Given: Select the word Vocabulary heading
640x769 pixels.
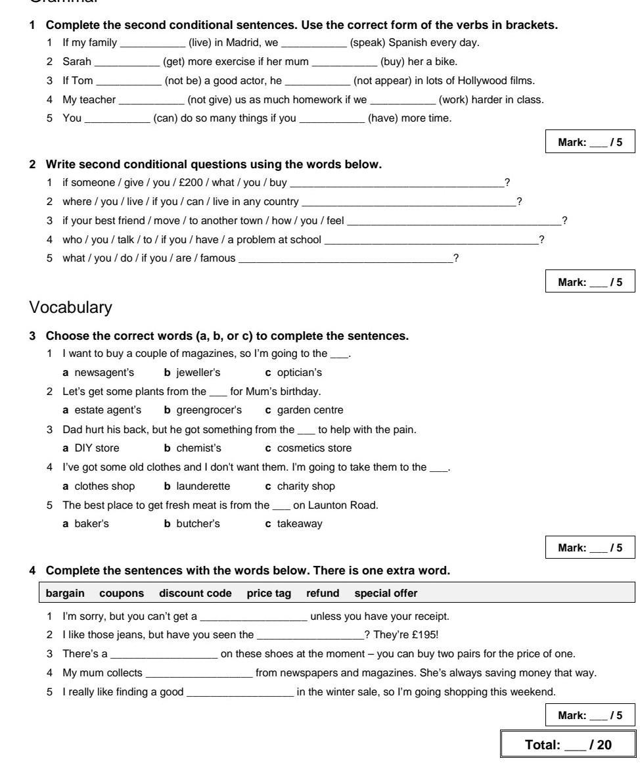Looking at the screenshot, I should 71,307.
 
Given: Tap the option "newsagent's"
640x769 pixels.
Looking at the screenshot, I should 104,373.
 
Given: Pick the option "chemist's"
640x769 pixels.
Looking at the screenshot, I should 198,448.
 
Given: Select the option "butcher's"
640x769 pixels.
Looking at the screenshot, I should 198,524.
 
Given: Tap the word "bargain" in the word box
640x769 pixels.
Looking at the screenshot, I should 65,593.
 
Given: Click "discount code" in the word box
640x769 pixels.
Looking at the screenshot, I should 195,593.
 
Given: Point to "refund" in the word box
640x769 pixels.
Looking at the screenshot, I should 323,593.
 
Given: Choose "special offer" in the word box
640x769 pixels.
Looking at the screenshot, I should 386,593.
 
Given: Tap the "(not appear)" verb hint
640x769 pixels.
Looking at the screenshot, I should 378,82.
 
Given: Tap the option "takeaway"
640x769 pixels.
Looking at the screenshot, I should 300,524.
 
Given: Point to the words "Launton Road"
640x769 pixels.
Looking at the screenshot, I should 349,505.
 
